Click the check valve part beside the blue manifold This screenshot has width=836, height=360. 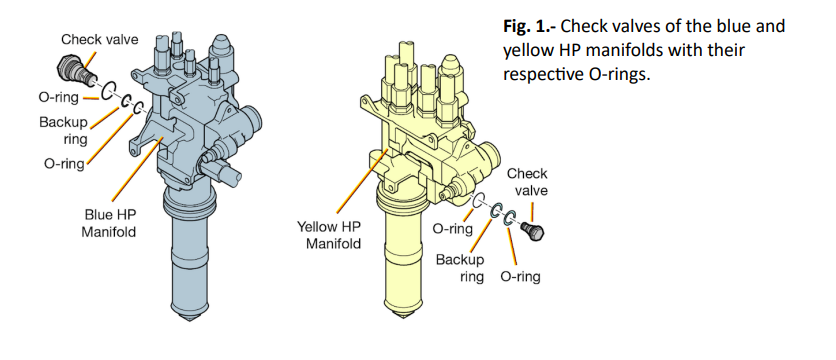(x=76, y=69)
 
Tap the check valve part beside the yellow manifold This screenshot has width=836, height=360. (x=533, y=231)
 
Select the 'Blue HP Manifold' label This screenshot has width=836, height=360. (x=110, y=223)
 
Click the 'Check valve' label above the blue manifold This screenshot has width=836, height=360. (x=100, y=39)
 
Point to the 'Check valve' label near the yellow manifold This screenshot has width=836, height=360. (x=527, y=182)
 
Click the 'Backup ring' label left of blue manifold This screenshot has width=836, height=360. (x=64, y=130)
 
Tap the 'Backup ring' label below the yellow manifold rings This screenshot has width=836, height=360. (x=460, y=268)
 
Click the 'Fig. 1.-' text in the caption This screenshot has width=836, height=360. (x=529, y=26)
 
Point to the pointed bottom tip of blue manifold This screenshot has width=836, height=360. (x=189, y=321)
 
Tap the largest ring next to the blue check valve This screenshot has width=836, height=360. (x=108, y=91)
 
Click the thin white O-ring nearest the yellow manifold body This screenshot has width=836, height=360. (x=479, y=200)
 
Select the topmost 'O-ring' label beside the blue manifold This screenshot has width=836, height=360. (x=59, y=97)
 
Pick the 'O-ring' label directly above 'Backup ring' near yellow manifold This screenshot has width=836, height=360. (x=453, y=229)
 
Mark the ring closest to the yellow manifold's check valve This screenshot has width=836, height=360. (x=510, y=217)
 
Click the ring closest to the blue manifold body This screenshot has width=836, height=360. (x=138, y=108)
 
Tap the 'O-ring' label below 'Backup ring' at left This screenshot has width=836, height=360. (x=64, y=163)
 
